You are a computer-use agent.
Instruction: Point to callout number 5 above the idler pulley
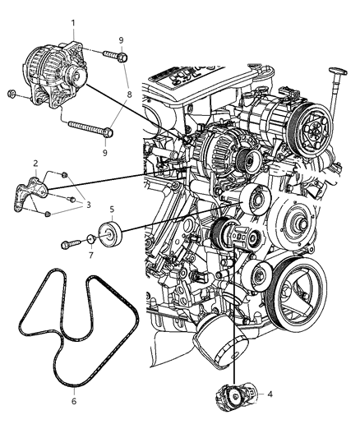(x=112, y=210)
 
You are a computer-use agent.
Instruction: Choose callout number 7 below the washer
(x=90, y=258)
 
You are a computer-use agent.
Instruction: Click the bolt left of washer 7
(x=69, y=243)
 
